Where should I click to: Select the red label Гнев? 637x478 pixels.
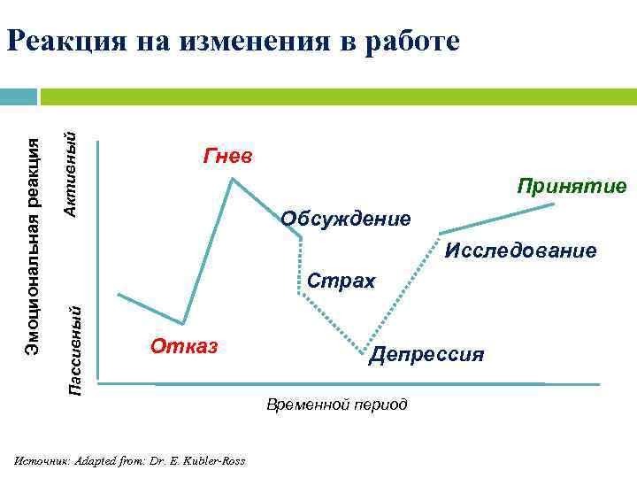point(227,157)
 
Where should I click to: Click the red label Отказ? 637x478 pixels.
point(183,344)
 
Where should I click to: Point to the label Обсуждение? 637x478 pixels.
point(345,218)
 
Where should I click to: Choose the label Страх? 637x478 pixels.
point(341,281)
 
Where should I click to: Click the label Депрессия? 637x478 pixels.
point(426,354)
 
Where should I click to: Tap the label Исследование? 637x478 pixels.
point(520,251)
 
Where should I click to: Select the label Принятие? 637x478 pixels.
point(572,186)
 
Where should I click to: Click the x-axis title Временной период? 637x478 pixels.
point(337,405)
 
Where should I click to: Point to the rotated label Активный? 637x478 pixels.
point(77,173)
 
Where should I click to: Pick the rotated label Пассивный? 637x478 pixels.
point(77,350)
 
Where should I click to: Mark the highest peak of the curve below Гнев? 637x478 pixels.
point(232,180)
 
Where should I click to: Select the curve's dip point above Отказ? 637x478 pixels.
point(183,323)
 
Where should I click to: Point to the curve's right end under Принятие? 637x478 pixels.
point(554,204)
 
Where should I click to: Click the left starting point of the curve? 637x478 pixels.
point(119,294)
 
